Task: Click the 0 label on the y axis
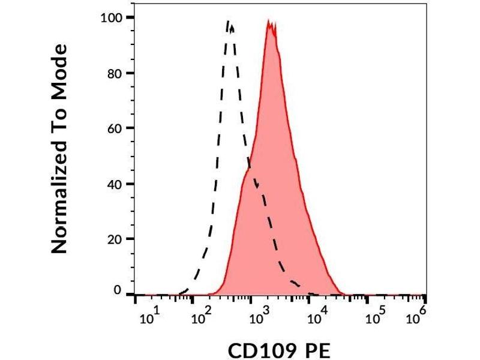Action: click(x=118, y=291)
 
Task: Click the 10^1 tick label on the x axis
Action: click(x=149, y=317)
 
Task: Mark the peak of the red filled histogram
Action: click(x=271, y=23)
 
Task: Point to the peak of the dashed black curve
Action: click(x=229, y=22)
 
